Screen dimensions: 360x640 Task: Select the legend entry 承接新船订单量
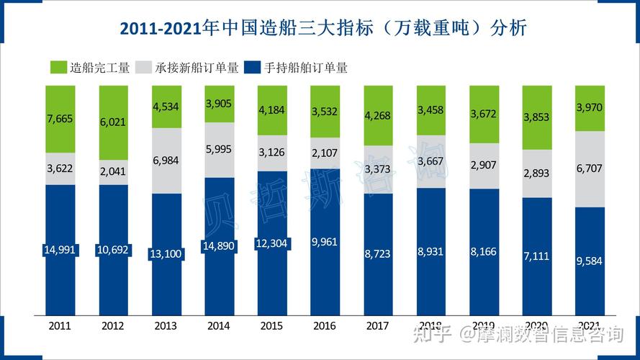pyautogui.click(x=196, y=68)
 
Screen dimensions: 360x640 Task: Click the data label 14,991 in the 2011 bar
pyautogui.click(x=60, y=250)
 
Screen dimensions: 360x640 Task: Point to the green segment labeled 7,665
pyautogui.click(x=60, y=119)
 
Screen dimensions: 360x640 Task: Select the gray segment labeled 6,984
pyautogui.click(x=166, y=161)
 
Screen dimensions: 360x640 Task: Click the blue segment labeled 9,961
pyautogui.click(x=325, y=242)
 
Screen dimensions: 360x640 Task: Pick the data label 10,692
pyautogui.click(x=113, y=250)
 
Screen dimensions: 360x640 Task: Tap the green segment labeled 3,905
pyautogui.click(x=219, y=104)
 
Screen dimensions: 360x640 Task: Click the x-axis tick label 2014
pyautogui.click(x=219, y=325)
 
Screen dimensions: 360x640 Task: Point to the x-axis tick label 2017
pyautogui.click(x=378, y=325)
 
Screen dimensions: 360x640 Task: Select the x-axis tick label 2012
pyautogui.click(x=113, y=325)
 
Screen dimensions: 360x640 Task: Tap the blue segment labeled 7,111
pyautogui.click(x=537, y=256)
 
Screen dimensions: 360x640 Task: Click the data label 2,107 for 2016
pyautogui.click(x=325, y=153)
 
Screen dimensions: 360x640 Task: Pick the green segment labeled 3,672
pyautogui.click(x=484, y=114)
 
